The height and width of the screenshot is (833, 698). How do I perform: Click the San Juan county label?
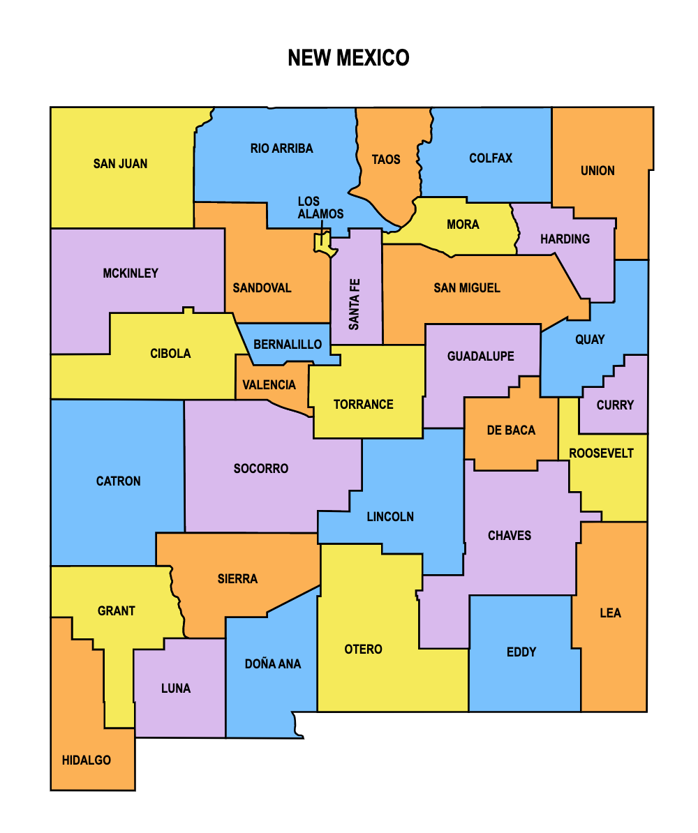tap(120, 164)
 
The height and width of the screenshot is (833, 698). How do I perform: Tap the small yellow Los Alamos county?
tap(322, 243)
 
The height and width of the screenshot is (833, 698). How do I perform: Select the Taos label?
tap(386, 160)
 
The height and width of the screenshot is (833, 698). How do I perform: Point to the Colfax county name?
tap(491, 158)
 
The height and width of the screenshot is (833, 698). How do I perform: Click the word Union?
tap(597, 171)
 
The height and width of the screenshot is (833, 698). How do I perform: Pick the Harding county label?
tap(565, 239)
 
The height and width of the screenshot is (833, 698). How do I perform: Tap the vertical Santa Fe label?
tap(355, 304)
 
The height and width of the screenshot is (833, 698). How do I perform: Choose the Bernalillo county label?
tap(288, 345)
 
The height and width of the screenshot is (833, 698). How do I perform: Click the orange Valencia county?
tap(269, 385)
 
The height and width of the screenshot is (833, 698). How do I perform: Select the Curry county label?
tap(615, 405)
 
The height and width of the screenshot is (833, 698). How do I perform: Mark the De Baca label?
tap(511, 430)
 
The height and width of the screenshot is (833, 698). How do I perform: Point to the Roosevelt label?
tap(601, 453)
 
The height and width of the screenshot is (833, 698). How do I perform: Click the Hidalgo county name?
tap(87, 760)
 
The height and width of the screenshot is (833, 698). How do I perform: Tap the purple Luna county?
tap(176, 689)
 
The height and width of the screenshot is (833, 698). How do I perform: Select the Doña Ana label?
tap(273, 664)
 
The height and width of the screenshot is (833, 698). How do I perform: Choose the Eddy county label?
tap(521, 652)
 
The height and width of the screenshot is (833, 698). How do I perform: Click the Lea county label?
tap(610, 613)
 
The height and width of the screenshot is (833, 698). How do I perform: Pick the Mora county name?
tap(463, 225)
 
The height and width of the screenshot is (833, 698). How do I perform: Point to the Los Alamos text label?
tap(320, 207)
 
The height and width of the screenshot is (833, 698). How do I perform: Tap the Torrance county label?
tap(363, 405)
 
